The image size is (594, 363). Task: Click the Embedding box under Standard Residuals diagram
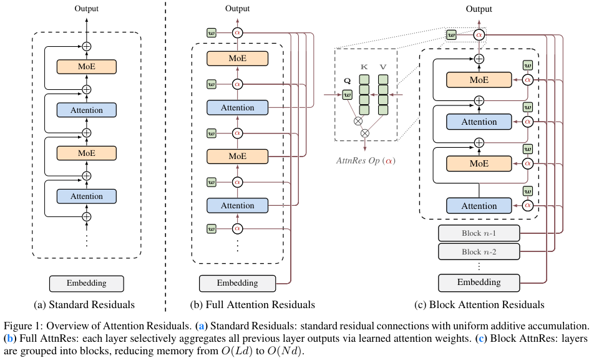(86, 284)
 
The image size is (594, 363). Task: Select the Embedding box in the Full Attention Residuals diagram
(238, 283)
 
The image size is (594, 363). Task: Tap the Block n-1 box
(479, 233)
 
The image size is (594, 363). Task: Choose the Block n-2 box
(479, 252)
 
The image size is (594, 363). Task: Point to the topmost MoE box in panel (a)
(86, 67)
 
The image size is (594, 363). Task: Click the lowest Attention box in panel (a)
(86, 196)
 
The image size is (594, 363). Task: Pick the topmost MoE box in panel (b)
(238, 58)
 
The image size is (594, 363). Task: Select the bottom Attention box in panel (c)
(479, 206)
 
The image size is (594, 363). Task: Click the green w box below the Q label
(347, 95)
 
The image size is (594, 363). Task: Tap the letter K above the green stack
(364, 67)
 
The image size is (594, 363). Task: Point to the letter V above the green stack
(383, 67)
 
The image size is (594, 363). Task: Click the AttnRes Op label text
(366, 160)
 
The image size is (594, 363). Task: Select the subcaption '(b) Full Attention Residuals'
(252, 305)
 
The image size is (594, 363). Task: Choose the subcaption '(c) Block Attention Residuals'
(479, 305)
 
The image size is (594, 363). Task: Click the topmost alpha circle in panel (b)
(238, 33)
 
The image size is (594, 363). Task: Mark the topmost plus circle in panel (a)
(87, 47)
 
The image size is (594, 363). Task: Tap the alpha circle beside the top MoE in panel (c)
(528, 80)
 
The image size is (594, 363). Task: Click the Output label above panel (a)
(86, 8)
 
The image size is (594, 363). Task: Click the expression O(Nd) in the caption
(285, 351)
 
